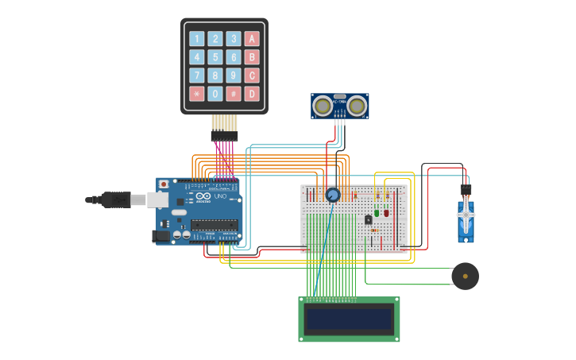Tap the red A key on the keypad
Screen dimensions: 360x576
point(252,39)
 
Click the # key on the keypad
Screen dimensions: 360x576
point(234,94)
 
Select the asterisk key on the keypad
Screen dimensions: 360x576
point(195,94)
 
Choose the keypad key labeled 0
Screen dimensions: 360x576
point(215,94)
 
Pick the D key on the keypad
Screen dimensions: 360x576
point(252,94)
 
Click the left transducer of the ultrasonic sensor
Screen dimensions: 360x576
point(323,105)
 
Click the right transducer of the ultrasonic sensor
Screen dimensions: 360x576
point(357,105)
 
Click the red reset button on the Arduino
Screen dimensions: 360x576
point(164,184)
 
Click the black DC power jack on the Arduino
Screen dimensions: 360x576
point(161,235)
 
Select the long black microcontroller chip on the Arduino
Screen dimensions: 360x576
point(215,224)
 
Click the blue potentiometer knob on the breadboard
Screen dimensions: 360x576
point(333,195)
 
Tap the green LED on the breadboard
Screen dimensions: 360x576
point(377,213)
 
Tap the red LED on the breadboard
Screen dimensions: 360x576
point(387,213)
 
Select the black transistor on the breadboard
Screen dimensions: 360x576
point(368,219)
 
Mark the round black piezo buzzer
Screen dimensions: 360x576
point(465,276)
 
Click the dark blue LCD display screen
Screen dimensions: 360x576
point(350,319)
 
